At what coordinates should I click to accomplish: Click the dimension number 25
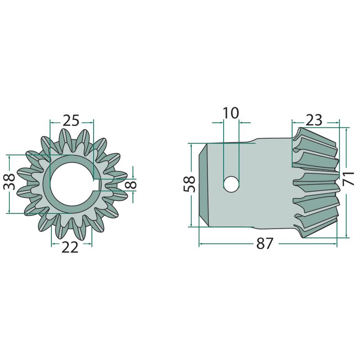click(x=71, y=120)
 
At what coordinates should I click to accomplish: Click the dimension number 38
click(x=9, y=182)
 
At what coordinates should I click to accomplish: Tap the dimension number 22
click(x=70, y=247)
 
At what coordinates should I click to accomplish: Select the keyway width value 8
click(x=132, y=184)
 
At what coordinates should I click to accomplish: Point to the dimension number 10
click(x=231, y=113)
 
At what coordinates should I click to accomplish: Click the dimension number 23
click(x=314, y=120)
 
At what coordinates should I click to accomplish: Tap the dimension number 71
click(x=348, y=178)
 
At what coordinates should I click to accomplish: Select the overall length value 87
click(x=265, y=243)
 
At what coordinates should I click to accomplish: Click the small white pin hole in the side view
click(x=231, y=184)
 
